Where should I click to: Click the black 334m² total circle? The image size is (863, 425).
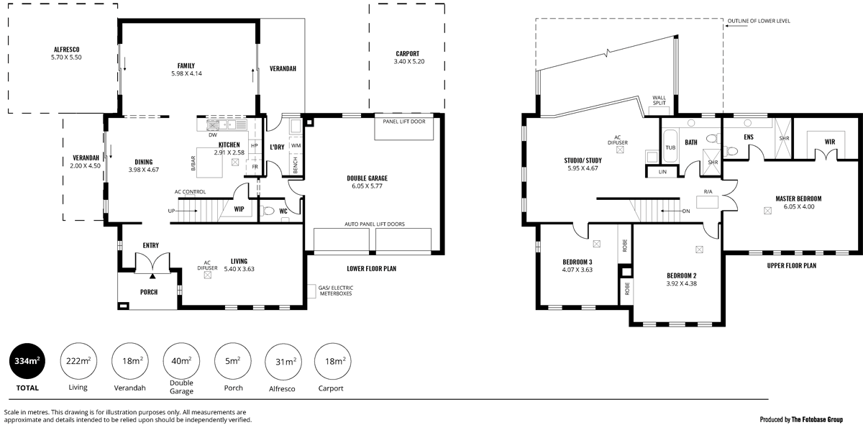pos(27,362)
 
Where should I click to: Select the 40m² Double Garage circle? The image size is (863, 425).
pos(181,362)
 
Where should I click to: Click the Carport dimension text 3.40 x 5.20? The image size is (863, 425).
pos(408,62)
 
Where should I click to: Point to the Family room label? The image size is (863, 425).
pos(186,65)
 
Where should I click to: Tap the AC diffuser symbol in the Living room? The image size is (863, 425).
pos(208,274)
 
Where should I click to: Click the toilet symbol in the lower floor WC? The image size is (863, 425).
pos(268,211)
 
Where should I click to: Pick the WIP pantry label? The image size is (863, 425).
pos(239,210)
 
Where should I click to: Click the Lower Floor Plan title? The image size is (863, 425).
pos(371,268)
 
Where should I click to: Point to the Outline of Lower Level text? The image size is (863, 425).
pos(759,21)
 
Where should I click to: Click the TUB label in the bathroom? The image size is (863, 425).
pos(670,147)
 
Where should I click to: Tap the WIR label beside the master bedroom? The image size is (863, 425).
pos(829,142)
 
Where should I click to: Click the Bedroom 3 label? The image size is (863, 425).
pos(577,262)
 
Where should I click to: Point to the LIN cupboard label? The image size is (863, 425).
pos(662,172)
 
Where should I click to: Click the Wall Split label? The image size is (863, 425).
pos(659,100)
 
